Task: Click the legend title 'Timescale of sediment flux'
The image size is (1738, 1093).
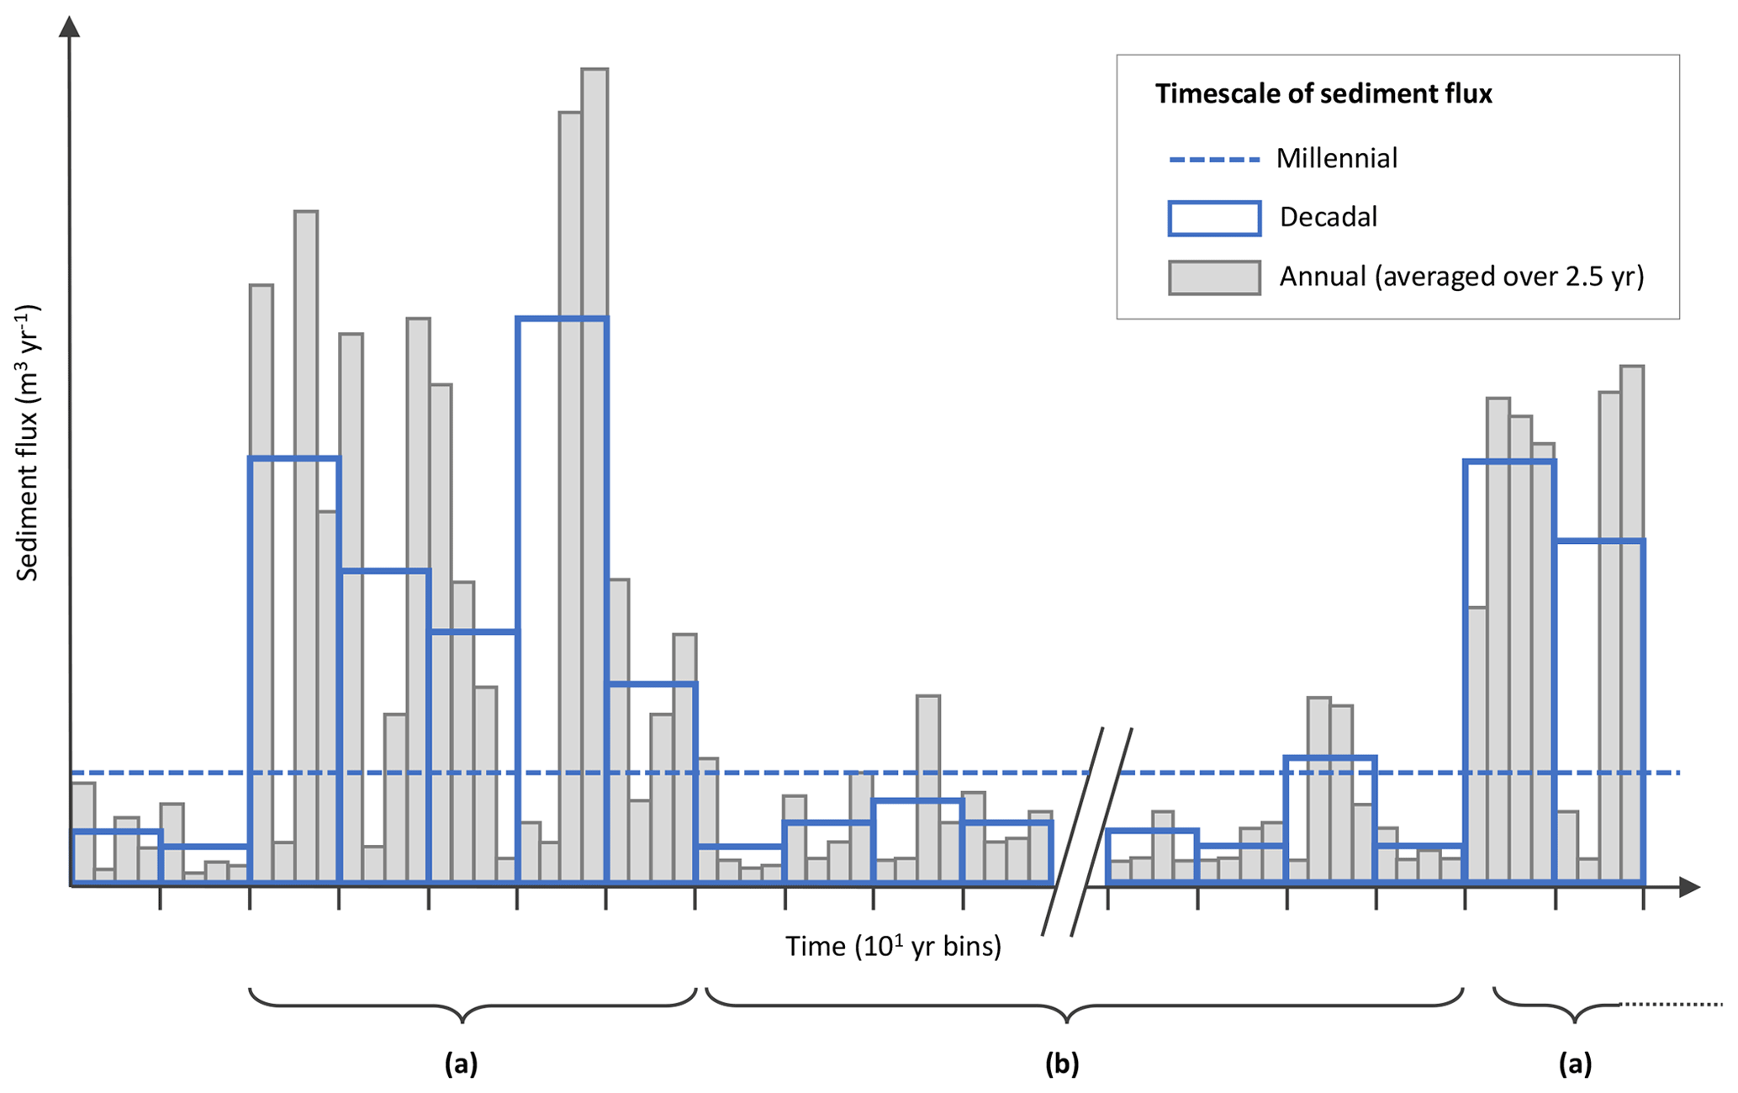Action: click(1323, 94)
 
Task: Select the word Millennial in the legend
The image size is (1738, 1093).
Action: click(1336, 159)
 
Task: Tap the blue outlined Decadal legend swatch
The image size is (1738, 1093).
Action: click(1213, 219)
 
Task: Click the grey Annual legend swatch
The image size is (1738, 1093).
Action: click(1213, 277)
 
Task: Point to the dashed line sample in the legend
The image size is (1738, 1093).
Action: click(1213, 160)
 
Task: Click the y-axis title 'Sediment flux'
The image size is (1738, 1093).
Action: click(28, 443)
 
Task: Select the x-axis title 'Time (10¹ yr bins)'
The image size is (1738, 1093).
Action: click(893, 948)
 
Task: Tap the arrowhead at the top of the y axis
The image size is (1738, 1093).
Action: click(70, 27)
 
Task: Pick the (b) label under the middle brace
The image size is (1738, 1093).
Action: click(1061, 1064)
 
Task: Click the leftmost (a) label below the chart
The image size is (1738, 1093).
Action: click(461, 1064)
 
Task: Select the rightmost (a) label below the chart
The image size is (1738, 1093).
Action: click(1574, 1064)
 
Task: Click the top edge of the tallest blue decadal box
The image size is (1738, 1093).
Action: click(562, 319)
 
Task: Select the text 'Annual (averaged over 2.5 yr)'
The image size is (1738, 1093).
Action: click(1461, 277)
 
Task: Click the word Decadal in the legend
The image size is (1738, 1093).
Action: click(1328, 218)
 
